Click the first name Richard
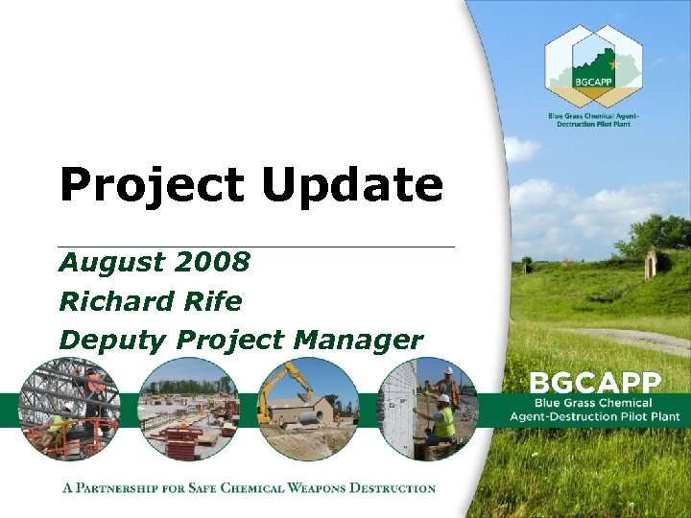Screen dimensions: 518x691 pyautogui.click(x=108, y=301)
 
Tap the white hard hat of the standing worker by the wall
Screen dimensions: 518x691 pyautogui.click(x=448, y=370)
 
